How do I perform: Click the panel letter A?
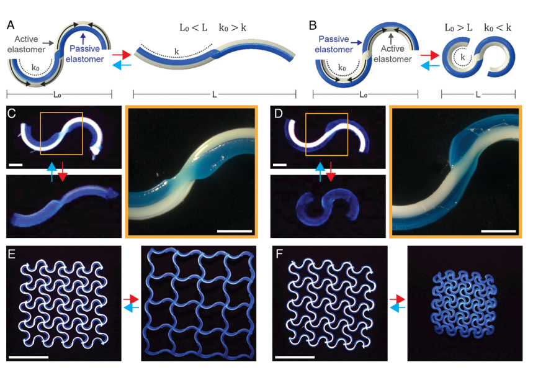[x=11, y=25]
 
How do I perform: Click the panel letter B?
[x=312, y=25]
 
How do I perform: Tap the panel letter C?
[x=12, y=113]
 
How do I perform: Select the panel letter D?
[x=278, y=113]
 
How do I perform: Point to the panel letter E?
[x=12, y=254]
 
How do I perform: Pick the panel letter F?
[x=279, y=254]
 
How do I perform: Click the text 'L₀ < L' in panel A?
[x=193, y=28]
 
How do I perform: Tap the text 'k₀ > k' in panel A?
[x=233, y=28]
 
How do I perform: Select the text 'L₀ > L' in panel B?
[x=459, y=28]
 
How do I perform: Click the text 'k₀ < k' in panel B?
[x=498, y=28]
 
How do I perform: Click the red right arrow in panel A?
[x=122, y=55]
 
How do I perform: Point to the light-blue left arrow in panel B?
[x=430, y=65]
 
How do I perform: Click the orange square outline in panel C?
[x=40, y=134]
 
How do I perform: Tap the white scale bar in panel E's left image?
[x=29, y=357]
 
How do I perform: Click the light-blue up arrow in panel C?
[x=52, y=172]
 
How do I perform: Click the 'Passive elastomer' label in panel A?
[x=84, y=54]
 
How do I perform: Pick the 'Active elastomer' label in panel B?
[x=393, y=54]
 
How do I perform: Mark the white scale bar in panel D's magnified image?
[x=499, y=232]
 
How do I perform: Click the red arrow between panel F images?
[x=397, y=299]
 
